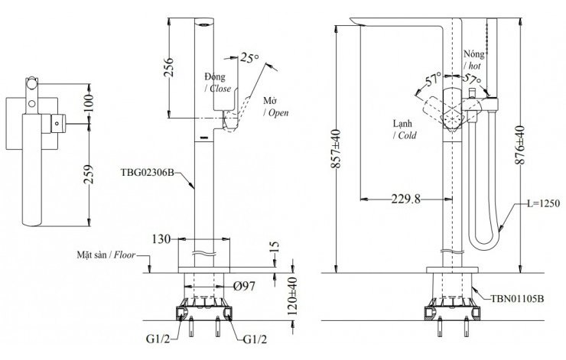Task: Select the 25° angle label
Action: pyautogui.click(x=249, y=57)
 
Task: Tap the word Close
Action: pyautogui.click(x=222, y=89)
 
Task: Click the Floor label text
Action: pyautogui.click(x=125, y=255)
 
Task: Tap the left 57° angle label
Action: pyautogui.click(x=433, y=78)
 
